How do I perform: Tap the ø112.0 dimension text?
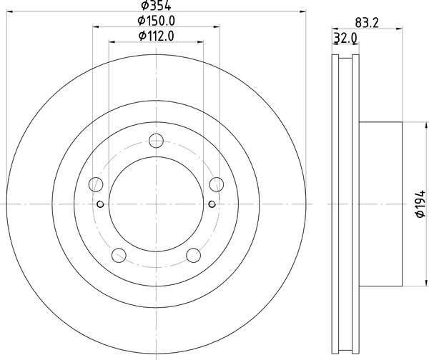(x=156, y=36)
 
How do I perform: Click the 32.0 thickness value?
(x=345, y=39)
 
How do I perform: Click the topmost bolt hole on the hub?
(x=156, y=140)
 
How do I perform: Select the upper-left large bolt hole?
(x=95, y=185)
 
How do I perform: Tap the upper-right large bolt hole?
(x=216, y=185)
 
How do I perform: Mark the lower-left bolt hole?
(x=118, y=255)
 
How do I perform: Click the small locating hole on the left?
(x=100, y=205)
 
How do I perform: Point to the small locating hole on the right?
(x=211, y=205)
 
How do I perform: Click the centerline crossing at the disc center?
(x=156, y=205)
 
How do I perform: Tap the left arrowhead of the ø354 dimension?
(x=9, y=12)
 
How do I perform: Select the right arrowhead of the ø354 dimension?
(x=302, y=12)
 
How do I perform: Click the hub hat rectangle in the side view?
(x=380, y=205)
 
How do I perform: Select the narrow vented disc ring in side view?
(x=346, y=205)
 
